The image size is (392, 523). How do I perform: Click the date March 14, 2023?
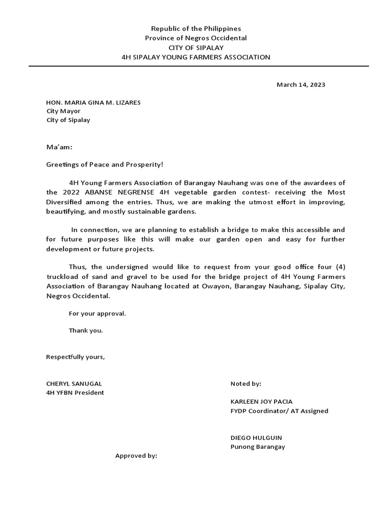coord(301,85)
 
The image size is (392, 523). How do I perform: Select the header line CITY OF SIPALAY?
coord(195,47)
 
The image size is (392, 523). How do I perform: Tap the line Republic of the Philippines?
coord(195,29)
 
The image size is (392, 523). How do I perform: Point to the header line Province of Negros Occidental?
coord(195,38)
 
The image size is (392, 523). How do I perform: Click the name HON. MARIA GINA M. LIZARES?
coord(93,103)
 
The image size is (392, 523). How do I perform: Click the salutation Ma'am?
coord(59,147)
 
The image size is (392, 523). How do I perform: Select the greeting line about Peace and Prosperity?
coord(105,165)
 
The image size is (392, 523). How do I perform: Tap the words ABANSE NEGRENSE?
coord(118,193)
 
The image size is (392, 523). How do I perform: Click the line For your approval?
coord(97,314)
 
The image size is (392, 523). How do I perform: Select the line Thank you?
coord(86,330)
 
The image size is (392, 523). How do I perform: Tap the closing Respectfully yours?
coord(76,356)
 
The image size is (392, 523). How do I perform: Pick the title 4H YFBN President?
coord(75,393)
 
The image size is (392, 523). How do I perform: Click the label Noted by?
coord(246,384)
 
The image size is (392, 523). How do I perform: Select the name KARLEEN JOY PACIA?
coord(261,401)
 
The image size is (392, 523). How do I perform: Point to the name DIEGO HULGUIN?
coord(256,438)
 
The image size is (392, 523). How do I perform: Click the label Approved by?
coord(136,456)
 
